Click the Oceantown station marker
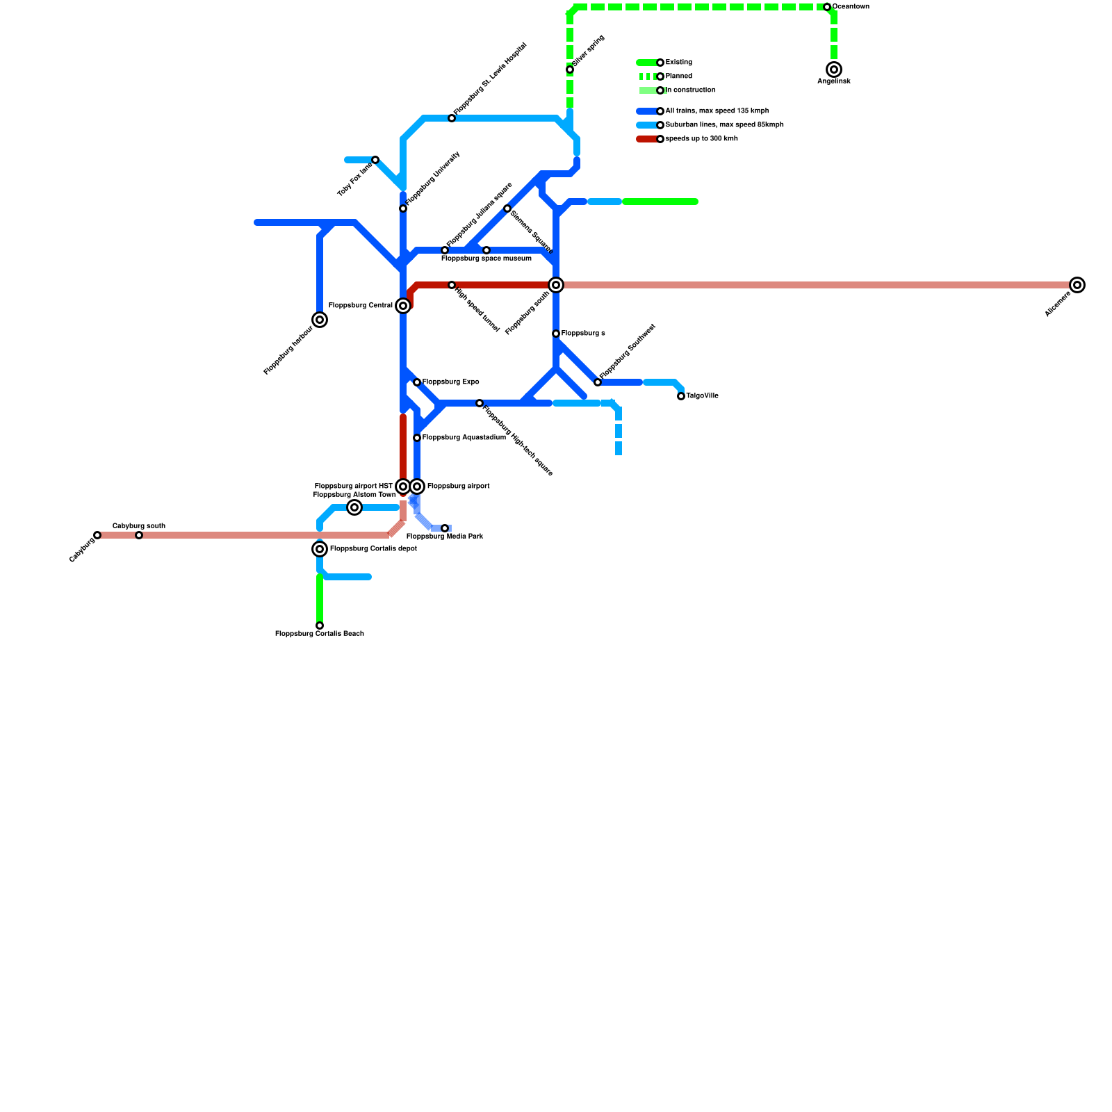pos(827,7)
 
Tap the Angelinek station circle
pos(834,69)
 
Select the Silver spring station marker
pos(570,69)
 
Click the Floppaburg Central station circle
pos(403,306)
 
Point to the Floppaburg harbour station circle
pos(320,320)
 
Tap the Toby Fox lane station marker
pos(375,160)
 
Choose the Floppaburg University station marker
pos(403,208)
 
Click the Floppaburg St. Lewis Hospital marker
pos(452,118)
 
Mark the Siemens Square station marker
pos(507,208)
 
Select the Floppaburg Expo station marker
pos(417,382)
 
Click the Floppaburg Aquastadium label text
pos(464,438)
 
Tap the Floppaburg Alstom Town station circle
pos(354,507)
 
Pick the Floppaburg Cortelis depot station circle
pos(320,549)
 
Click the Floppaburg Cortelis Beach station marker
pos(320,625)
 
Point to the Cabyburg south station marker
pos(139,535)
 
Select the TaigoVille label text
pos(702,396)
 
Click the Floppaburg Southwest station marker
pos(598,382)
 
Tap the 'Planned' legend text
pos(678,76)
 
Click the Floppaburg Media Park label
pos(444,537)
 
